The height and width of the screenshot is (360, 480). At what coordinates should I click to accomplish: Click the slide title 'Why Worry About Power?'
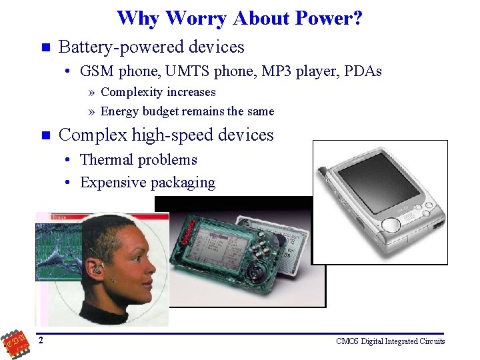[x=239, y=18]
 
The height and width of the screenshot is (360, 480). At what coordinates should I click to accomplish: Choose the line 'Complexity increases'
[x=158, y=92]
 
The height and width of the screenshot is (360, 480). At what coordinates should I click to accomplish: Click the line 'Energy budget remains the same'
[x=187, y=111]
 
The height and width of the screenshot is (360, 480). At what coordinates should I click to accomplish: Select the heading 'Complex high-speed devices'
[x=166, y=135]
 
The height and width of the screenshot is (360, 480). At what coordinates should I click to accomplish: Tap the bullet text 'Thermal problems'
[x=139, y=160]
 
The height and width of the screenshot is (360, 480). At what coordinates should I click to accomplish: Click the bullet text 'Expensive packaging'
[x=147, y=183]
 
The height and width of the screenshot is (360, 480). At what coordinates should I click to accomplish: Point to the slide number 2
[x=41, y=341]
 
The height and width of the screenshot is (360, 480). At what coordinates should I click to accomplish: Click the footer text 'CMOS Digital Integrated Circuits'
[x=390, y=341]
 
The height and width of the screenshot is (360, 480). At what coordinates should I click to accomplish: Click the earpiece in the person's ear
[x=99, y=270]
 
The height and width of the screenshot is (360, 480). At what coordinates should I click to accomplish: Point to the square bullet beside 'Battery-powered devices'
[x=45, y=48]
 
